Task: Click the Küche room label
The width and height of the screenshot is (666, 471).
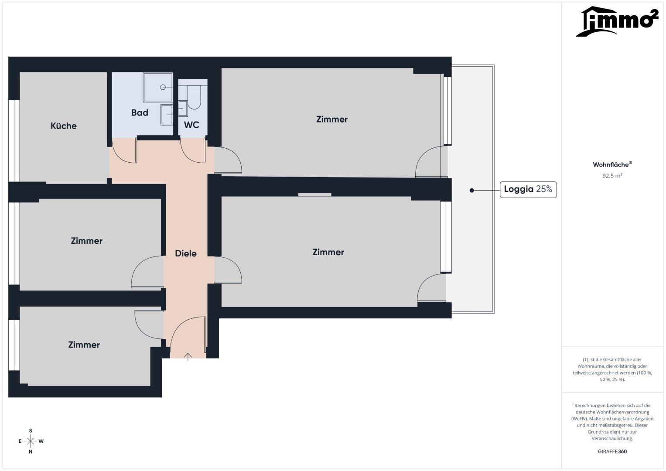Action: pos(64,126)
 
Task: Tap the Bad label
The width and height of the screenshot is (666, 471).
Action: pos(140,113)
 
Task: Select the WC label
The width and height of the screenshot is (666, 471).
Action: pos(191,125)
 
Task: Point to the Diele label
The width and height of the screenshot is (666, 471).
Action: pos(186,253)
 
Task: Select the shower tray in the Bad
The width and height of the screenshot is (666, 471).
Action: pos(158,87)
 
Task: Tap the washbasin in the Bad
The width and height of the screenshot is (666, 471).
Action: pos(167,114)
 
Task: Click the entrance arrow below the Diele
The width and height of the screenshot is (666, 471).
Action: pos(188,357)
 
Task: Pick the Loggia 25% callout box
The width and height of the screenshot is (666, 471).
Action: pos(528,189)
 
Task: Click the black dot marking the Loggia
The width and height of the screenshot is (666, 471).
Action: pos(471,190)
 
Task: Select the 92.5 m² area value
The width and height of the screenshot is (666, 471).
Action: pos(612,176)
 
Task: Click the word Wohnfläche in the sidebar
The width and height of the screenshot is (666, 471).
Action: pos(611,165)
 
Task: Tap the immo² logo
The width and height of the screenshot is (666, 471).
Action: pos(617,21)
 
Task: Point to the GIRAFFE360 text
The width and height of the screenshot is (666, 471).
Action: pos(612,451)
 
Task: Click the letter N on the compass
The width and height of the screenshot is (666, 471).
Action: pos(31,452)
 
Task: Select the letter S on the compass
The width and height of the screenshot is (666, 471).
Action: pos(31,430)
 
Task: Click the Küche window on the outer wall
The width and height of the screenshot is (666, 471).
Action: pos(14,140)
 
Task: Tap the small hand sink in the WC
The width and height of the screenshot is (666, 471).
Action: pos(183,109)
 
